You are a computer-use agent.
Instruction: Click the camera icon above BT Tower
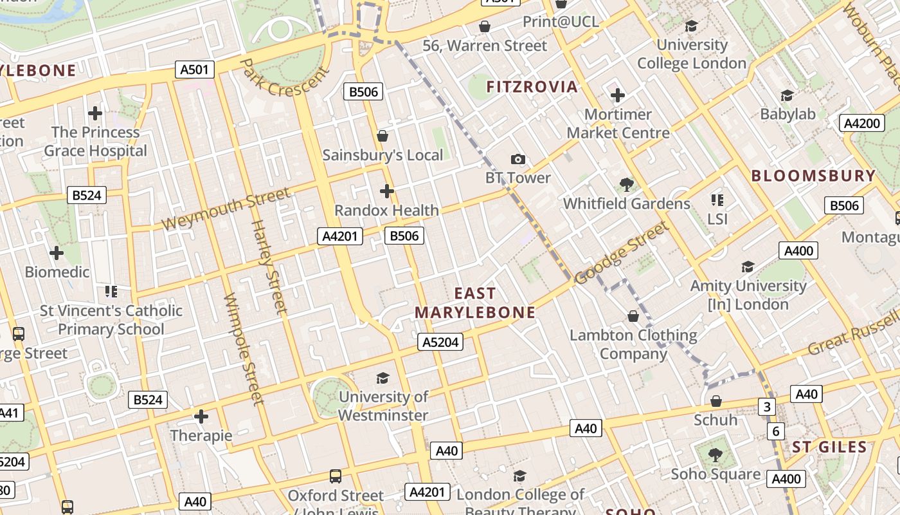pos(517,159)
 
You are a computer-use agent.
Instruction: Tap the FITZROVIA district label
pos(532,87)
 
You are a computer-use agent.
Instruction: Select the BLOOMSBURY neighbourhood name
pos(813,176)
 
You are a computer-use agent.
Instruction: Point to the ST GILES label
pos(829,447)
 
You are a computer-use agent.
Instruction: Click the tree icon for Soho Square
pos(715,455)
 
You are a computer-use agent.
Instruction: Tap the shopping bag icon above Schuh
pos(715,401)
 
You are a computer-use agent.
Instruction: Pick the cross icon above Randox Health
pos(386,191)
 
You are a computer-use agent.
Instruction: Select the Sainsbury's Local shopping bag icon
pos(382,136)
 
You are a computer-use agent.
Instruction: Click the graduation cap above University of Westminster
pos(382,378)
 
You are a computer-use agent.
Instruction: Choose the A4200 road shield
pos(861,124)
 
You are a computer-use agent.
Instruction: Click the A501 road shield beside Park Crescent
pos(195,70)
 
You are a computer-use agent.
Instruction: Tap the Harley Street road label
pos(269,267)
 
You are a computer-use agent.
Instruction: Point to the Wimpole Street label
pos(243,350)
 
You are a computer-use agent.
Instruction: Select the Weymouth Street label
pos(226,209)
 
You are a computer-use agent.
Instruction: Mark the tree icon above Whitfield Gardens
pos(626,185)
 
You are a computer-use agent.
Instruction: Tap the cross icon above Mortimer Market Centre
pos(617,96)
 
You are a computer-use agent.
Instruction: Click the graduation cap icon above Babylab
pos(787,96)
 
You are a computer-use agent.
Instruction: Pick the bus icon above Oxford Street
pos(336,476)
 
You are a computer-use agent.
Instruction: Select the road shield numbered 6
pos(776,431)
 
